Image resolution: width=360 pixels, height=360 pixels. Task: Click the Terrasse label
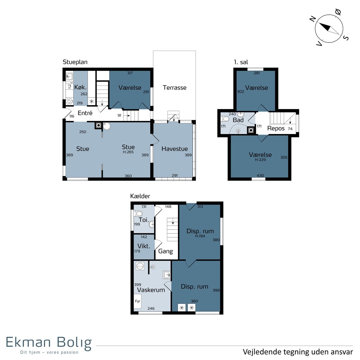(175, 88)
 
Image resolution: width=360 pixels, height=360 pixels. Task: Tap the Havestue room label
(175, 149)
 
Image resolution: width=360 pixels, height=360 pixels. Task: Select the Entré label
(85, 113)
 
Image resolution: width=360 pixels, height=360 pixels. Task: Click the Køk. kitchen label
(80, 87)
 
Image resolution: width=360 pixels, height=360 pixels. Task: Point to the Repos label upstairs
(276, 128)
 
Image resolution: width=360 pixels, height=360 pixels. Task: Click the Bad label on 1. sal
(238, 120)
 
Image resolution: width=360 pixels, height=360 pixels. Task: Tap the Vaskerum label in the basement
(151, 290)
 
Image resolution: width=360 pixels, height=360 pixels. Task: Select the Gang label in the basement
(165, 251)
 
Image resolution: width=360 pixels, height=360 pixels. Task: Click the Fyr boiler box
(137, 301)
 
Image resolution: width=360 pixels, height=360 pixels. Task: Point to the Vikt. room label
(144, 246)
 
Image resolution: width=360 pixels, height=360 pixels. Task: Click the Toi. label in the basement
(144, 220)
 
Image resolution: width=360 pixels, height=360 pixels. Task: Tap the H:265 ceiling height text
(128, 152)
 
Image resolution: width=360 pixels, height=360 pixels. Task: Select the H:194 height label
(200, 236)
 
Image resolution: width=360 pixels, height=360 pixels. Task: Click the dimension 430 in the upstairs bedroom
(260, 175)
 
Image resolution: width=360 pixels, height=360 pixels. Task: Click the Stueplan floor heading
(75, 62)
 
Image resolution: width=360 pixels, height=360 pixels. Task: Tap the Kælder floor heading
(140, 196)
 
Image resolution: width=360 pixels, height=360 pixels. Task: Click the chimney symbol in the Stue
(98, 125)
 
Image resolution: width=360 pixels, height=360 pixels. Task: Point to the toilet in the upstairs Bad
(225, 118)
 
